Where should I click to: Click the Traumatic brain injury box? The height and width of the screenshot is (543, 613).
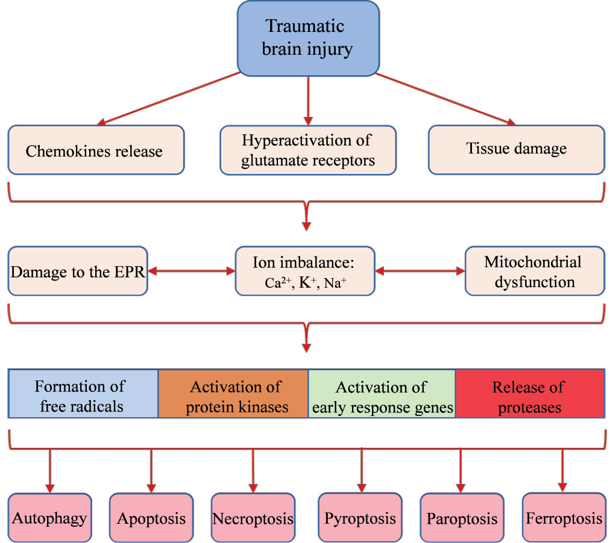308,37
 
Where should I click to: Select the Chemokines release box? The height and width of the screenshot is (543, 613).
95,150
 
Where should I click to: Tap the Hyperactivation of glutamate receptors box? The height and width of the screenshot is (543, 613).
308,150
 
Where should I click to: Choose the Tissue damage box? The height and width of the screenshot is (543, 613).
517,149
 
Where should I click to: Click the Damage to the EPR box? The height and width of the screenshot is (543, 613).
78,271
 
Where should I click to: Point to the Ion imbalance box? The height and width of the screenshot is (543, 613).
304,271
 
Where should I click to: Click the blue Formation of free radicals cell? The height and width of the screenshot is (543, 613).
83,396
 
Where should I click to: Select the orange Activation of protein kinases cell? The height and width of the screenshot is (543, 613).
233,396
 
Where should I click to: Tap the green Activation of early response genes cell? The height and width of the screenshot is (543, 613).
382,396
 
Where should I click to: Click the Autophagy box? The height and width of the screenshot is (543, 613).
50,517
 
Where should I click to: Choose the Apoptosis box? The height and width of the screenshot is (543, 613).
151,518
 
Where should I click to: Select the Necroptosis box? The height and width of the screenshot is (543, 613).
253,518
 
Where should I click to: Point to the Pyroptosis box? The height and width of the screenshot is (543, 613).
360,517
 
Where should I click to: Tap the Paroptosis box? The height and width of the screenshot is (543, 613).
462,518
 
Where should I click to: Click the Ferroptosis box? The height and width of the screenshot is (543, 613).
564,517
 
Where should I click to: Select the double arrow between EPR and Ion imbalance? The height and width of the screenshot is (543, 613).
191,271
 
